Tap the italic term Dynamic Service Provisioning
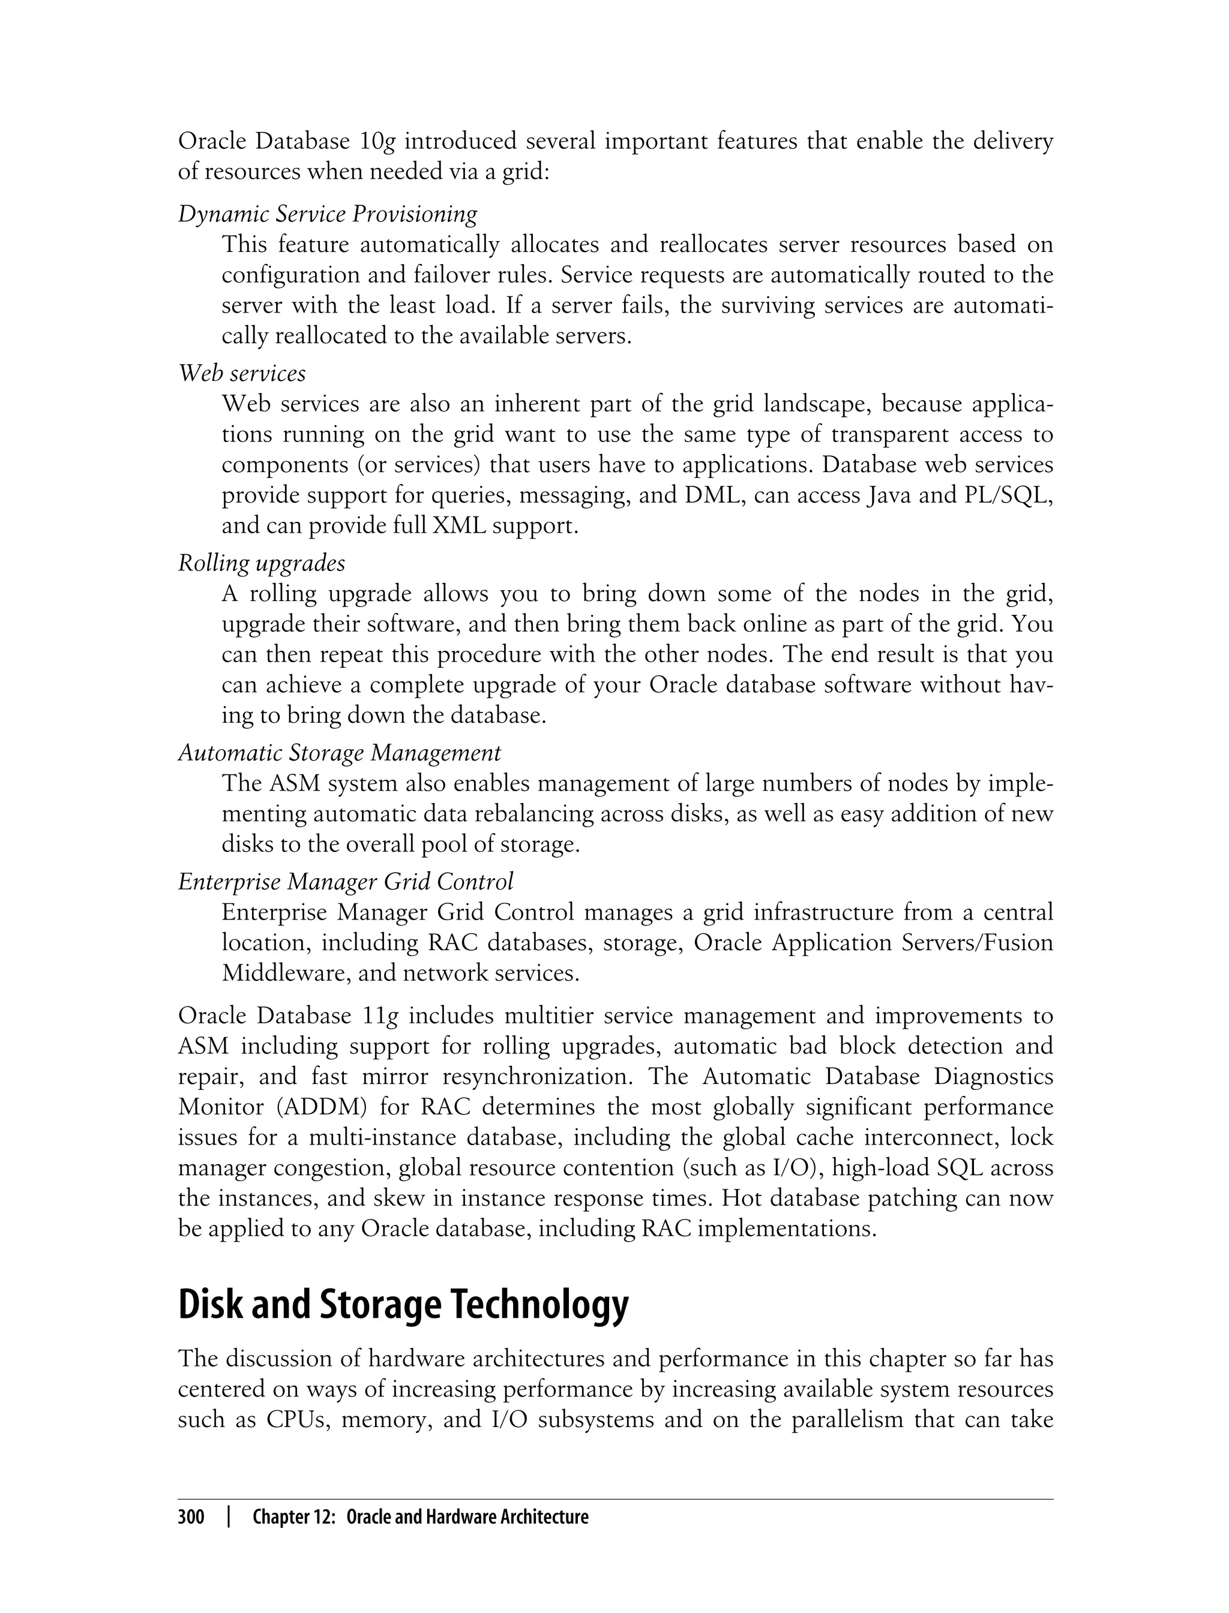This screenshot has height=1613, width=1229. pos(327,214)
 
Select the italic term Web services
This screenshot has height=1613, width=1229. pos(242,374)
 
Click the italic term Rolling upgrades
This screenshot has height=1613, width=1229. pos(261,563)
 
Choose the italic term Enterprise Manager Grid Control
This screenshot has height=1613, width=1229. pos(345,882)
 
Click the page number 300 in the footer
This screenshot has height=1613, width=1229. pos(191,1517)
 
